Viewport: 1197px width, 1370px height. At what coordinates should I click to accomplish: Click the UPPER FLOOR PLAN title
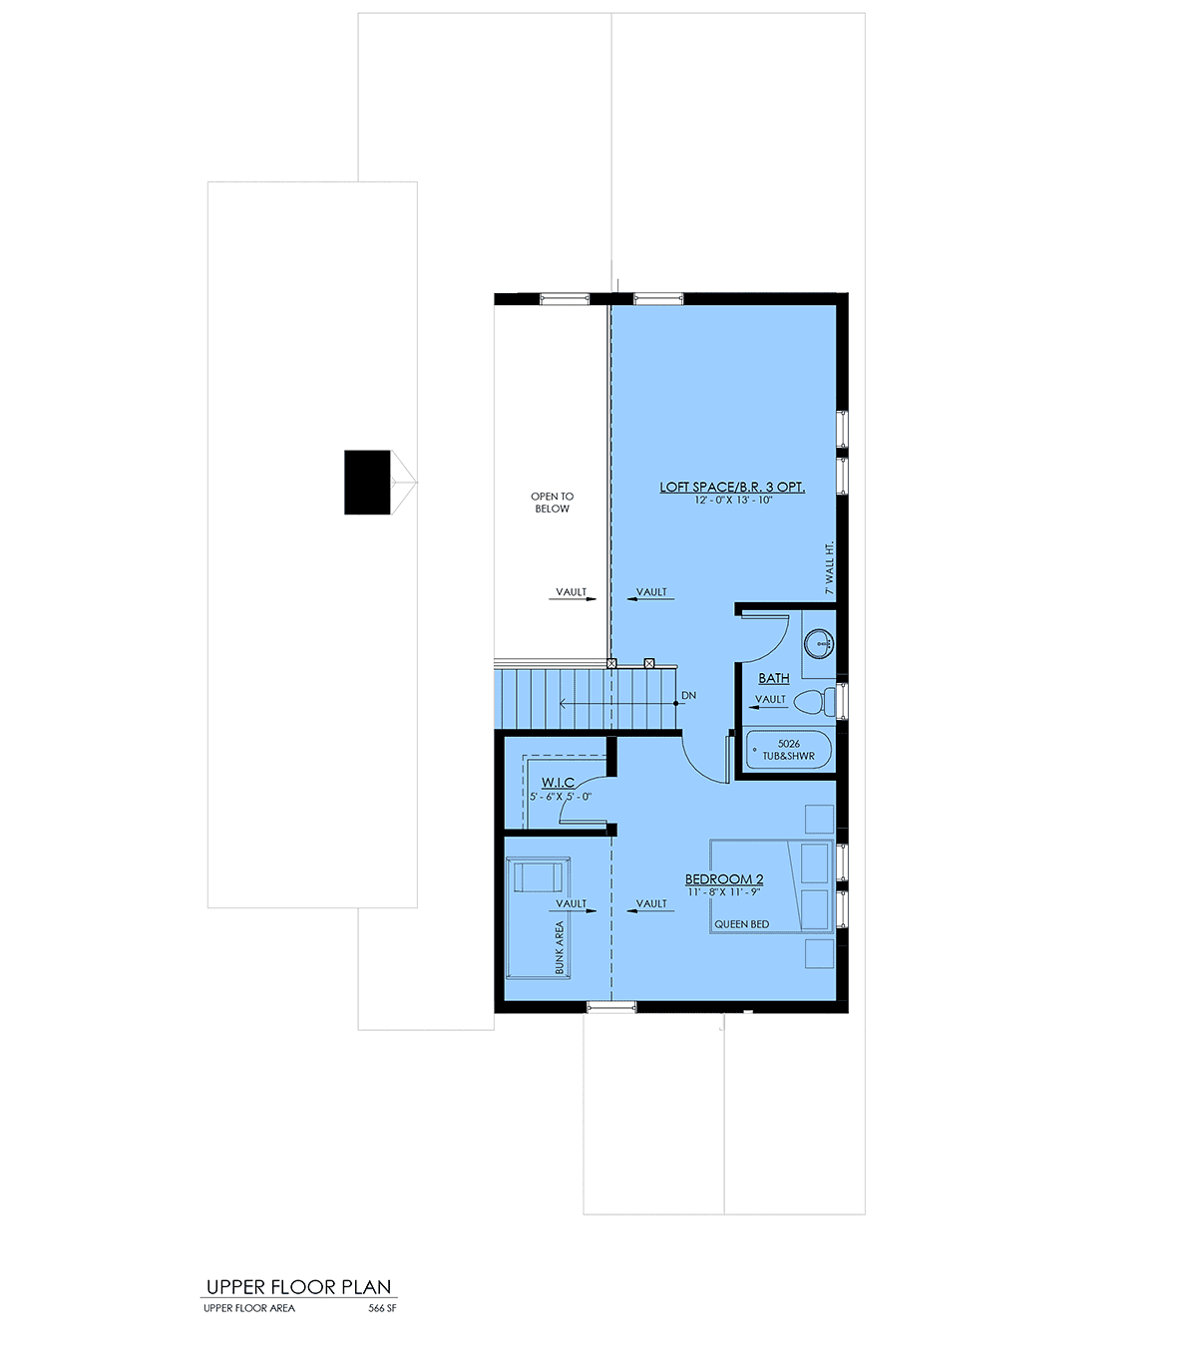(x=298, y=1287)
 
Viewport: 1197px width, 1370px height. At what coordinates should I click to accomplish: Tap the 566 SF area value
(x=382, y=1308)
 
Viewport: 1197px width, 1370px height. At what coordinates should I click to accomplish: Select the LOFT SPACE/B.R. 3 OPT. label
(x=732, y=487)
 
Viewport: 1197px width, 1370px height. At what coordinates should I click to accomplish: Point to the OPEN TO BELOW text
(x=552, y=503)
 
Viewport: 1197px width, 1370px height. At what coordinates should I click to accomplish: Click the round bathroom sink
(x=819, y=643)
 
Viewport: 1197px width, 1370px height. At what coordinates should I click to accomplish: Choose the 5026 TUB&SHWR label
(x=788, y=750)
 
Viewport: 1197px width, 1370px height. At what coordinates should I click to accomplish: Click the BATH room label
(x=774, y=678)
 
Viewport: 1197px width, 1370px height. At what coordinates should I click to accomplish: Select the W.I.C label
(x=558, y=782)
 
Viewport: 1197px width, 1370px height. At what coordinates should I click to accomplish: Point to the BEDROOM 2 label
(x=724, y=879)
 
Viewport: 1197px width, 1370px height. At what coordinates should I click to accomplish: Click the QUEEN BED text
(x=741, y=924)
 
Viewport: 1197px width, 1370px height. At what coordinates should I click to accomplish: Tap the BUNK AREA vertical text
(x=560, y=947)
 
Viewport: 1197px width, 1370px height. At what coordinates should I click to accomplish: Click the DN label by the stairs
(x=688, y=696)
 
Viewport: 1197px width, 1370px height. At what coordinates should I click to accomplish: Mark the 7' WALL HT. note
(x=829, y=567)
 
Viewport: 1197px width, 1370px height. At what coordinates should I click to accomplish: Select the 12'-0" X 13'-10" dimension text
(x=733, y=501)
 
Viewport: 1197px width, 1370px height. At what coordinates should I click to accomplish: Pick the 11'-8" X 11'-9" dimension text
(x=724, y=892)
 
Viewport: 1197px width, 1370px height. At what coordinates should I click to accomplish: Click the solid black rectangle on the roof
(x=367, y=483)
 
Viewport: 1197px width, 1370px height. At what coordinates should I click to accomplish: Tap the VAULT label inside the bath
(x=770, y=699)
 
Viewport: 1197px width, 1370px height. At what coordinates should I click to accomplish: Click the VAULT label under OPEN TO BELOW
(x=571, y=592)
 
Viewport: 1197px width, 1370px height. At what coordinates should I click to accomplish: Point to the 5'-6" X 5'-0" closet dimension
(x=561, y=797)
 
